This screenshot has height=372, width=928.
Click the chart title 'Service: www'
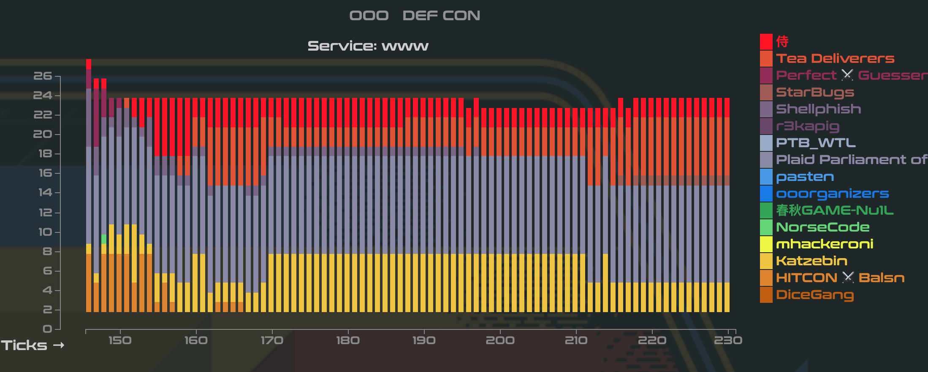pyautogui.click(x=368, y=46)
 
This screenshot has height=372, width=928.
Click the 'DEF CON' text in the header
pyautogui.click(x=441, y=16)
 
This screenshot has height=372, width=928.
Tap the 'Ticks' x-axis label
pyautogui.click(x=24, y=345)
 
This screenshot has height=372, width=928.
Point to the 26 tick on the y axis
pyautogui.click(x=43, y=76)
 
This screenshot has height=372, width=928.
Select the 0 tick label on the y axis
pyautogui.click(x=47, y=329)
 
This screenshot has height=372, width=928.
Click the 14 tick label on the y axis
pyautogui.click(x=45, y=193)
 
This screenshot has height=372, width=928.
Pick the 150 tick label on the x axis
pyautogui.click(x=120, y=340)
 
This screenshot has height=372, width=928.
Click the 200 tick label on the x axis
pyautogui.click(x=500, y=340)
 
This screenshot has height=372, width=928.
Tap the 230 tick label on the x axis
pyautogui.click(x=728, y=340)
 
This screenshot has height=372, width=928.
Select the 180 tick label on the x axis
pyautogui.click(x=348, y=340)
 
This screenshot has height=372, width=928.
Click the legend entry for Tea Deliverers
pyautogui.click(x=835, y=59)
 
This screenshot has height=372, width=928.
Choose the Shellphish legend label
pyautogui.click(x=818, y=109)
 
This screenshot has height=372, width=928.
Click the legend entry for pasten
pyautogui.click(x=805, y=177)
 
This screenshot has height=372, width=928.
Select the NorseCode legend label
pyautogui.click(x=822, y=227)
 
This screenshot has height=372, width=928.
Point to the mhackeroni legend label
pyautogui.click(x=824, y=244)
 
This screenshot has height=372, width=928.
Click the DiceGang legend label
pyautogui.click(x=815, y=295)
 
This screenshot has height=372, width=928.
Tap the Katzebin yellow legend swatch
pyautogui.click(x=766, y=261)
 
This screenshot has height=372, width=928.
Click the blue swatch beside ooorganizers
pyautogui.click(x=766, y=194)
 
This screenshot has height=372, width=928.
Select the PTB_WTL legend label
pyautogui.click(x=816, y=143)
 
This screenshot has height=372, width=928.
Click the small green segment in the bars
pyautogui.click(x=104, y=239)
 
